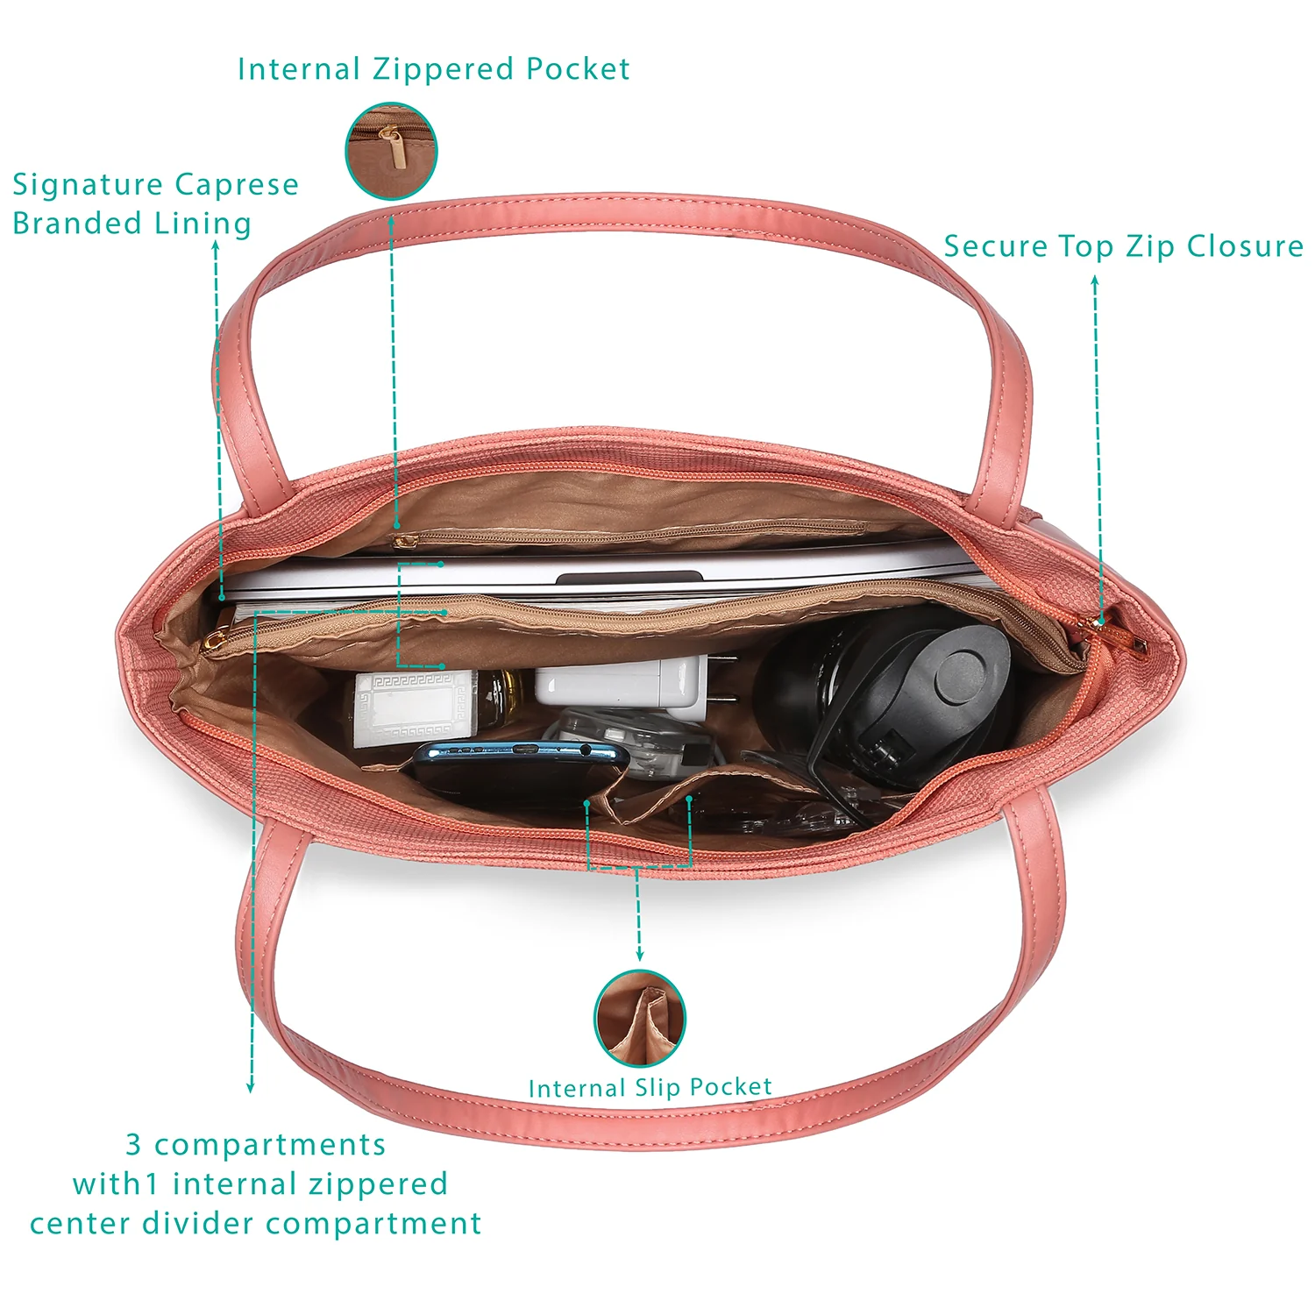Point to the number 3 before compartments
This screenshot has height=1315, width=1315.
click(133, 1144)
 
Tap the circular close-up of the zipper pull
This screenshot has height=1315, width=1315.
click(391, 151)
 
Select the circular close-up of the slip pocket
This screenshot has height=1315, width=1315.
click(640, 1018)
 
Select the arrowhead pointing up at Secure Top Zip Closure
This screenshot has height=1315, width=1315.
click(1095, 282)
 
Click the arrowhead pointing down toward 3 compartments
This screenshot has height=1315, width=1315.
click(251, 1086)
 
